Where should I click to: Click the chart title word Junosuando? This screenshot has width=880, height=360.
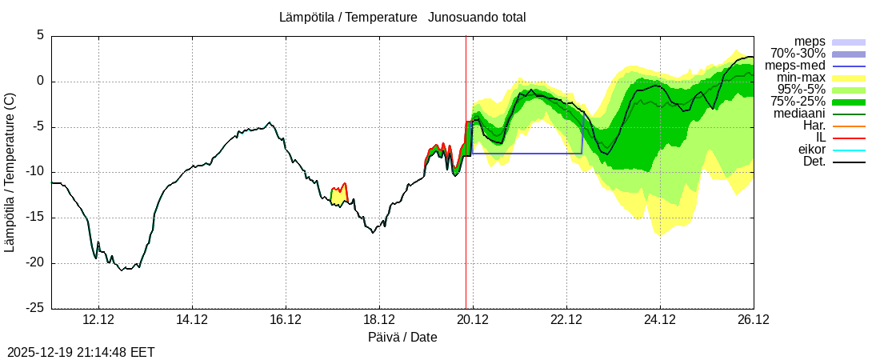coord(459,17)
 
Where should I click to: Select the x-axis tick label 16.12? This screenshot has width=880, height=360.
coord(286,320)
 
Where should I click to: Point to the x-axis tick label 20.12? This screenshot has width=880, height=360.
coord(473,320)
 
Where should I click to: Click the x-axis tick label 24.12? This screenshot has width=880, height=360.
coord(660,320)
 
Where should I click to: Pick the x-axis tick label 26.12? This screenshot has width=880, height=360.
coord(754,320)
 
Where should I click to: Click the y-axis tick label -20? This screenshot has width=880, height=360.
coord(34,263)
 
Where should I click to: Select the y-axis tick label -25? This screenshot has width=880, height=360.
coord(34,308)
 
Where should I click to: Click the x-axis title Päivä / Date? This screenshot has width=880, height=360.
coord(402,337)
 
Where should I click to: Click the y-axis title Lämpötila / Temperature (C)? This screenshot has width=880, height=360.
coord(10,173)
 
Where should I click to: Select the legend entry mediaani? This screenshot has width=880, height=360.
coord(800,114)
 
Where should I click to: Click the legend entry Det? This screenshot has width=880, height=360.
coord(814,162)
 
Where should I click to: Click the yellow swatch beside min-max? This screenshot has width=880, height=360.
coord(849,78)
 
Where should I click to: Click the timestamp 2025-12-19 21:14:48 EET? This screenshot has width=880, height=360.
coord(81,352)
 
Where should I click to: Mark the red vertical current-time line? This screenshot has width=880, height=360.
coord(466,200)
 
